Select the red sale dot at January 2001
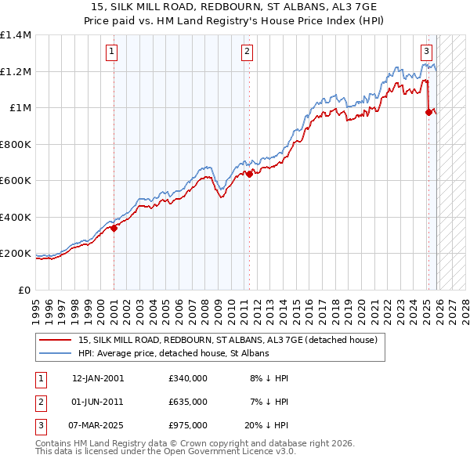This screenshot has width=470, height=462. tap(114, 229)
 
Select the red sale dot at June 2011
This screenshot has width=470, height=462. tap(249, 175)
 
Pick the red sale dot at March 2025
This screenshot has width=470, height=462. tap(428, 113)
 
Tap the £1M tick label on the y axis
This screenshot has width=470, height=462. tap(20, 108)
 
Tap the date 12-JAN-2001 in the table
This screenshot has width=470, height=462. tap(97, 378)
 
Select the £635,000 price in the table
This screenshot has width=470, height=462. tap(187, 402)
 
